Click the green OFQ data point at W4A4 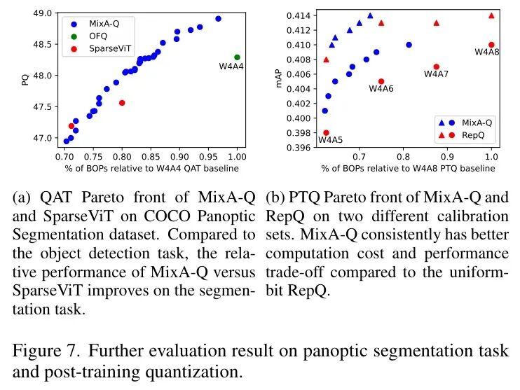tap(237, 57)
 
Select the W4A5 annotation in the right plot tap(330, 140)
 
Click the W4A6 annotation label tap(381, 89)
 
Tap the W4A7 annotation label tap(436, 74)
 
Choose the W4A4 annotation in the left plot tap(232, 67)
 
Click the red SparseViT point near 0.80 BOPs tap(122, 103)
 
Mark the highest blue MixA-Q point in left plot tap(218, 19)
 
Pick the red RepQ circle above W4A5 tap(326, 132)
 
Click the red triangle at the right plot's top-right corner tap(491, 15)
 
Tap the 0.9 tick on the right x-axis tap(447, 158)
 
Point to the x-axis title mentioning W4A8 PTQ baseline tap(408, 169)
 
